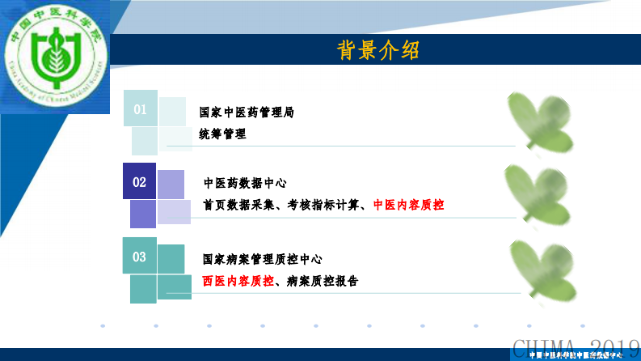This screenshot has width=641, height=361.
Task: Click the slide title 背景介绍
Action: [x=378, y=50]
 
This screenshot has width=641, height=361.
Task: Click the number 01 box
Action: [x=140, y=108]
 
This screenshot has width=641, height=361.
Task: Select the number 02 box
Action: [x=139, y=182]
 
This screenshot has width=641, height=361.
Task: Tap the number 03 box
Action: [x=139, y=257]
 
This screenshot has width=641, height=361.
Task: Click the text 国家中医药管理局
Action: [x=247, y=113]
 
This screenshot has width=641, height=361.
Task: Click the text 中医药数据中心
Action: [x=245, y=183]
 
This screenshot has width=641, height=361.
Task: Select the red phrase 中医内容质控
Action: [x=408, y=206]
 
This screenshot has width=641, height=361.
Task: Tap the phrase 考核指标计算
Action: [x=322, y=206]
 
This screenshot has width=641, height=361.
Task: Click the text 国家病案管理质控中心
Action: [x=262, y=259]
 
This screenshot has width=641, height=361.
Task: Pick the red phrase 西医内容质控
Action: [x=238, y=281]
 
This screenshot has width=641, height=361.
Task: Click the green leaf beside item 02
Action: [x=538, y=194]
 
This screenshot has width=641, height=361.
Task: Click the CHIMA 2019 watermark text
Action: [x=575, y=348]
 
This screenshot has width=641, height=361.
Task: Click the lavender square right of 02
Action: [x=171, y=185]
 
